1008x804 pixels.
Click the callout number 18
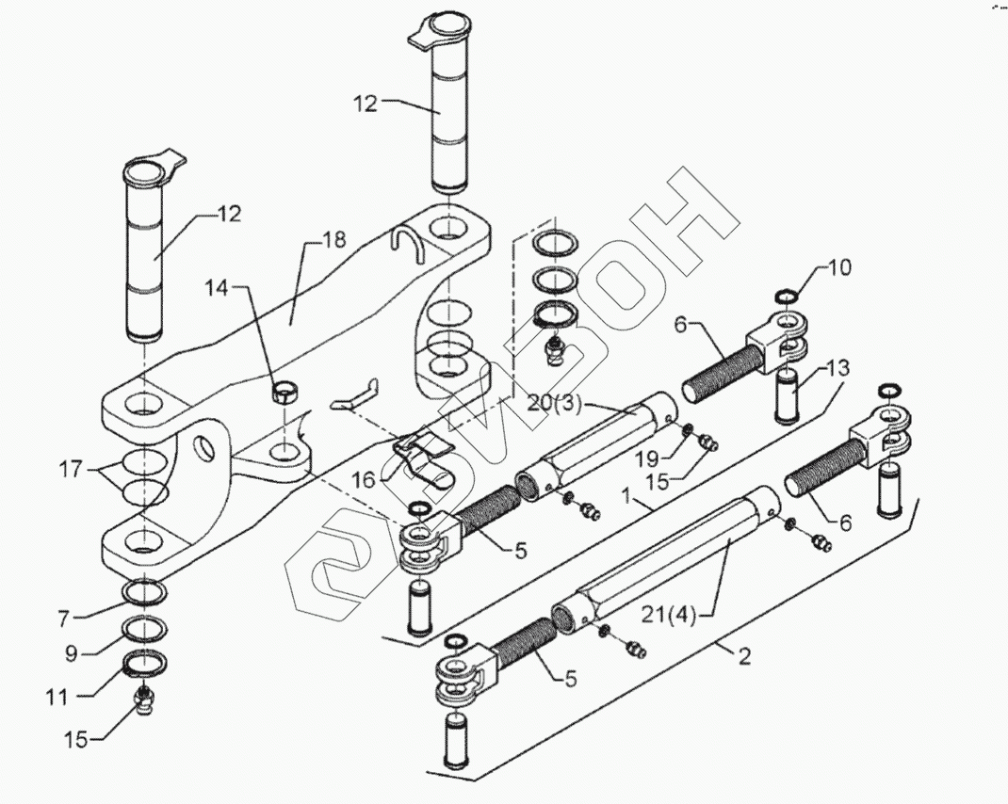pos(333,240)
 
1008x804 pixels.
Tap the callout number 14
pos(217,289)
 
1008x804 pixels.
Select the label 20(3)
pos(555,405)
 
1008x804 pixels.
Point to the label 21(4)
pos(668,615)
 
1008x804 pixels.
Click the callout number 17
pos(71,469)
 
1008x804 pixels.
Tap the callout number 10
pos(839,266)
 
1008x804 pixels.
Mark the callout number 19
pos(648,458)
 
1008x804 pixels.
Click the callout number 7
pos(63,619)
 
